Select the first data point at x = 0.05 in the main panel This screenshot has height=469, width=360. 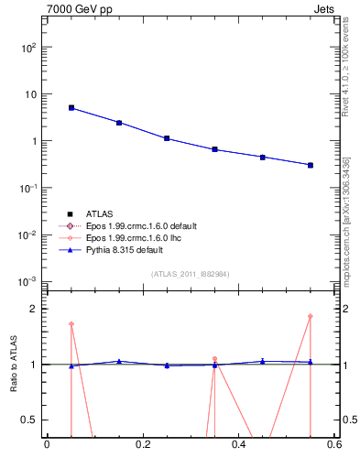[x=71, y=107]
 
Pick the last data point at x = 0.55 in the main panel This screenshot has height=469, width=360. [x=311, y=165]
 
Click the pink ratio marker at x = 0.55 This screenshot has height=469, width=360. [x=311, y=316]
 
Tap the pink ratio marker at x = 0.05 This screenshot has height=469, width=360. [x=71, y=323]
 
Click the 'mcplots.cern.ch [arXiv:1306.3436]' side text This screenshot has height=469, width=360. [x=346, y=220]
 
